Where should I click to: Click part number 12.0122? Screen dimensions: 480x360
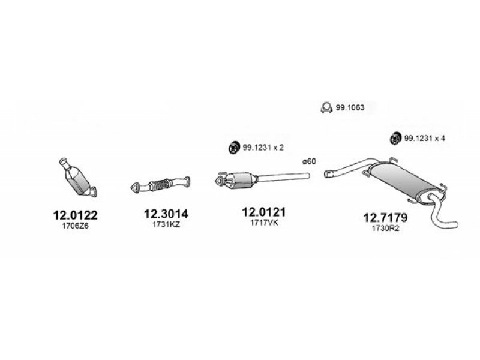[x=76, y=215]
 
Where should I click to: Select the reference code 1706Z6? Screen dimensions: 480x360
[x=76, y=226]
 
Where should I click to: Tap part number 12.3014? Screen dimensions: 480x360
[x=166, y=214]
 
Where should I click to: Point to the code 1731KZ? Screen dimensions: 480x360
[x=166, y=224]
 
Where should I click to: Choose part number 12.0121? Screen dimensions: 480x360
[x=264, y=212]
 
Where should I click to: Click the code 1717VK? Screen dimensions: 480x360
[x=264, y=223]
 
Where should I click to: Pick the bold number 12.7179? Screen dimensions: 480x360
[x=385, y=218]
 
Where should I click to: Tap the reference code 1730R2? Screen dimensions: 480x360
[x=386, y=228]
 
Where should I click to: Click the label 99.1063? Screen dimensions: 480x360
[x=350, y=107]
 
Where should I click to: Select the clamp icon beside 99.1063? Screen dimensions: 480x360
[x=326, y=107]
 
